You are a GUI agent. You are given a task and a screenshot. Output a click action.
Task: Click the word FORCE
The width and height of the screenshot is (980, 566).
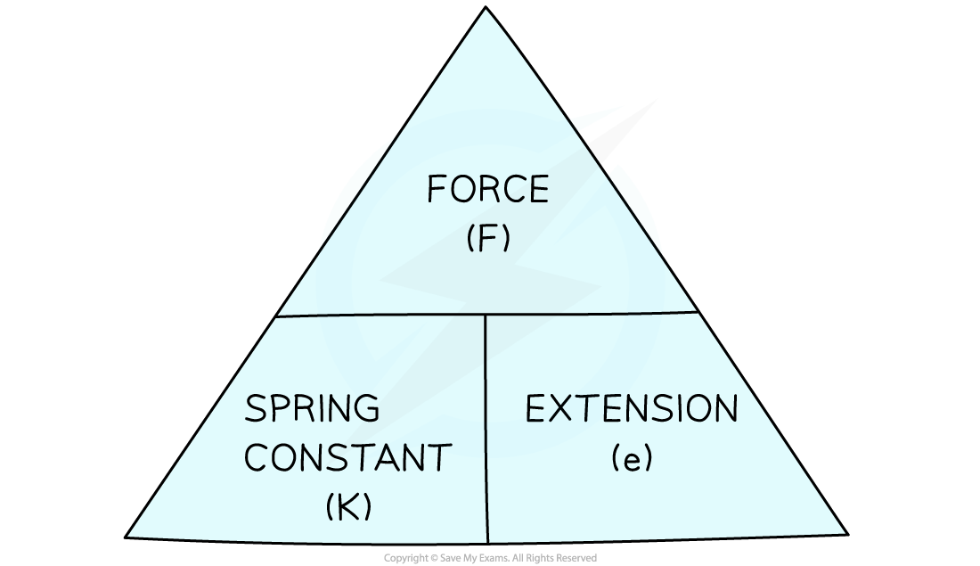coord(487,190)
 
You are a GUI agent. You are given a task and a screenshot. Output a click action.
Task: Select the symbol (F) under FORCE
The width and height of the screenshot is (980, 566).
coord(487,239)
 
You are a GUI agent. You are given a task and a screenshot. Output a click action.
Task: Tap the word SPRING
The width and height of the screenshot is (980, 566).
coord(312,410)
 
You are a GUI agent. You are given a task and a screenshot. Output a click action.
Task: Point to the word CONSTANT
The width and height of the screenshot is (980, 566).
coord(347,458)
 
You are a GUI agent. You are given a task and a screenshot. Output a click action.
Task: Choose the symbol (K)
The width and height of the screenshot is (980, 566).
coord(347,506)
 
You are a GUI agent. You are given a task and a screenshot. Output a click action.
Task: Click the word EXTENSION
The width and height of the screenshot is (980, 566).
coord(632,410)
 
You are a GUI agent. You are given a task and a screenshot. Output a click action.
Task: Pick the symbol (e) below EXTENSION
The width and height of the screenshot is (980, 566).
coord(632,458)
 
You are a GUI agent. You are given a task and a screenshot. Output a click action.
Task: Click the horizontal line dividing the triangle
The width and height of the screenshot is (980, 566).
coord(383,315)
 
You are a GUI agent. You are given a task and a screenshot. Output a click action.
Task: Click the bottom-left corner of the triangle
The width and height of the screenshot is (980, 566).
coord(130,536)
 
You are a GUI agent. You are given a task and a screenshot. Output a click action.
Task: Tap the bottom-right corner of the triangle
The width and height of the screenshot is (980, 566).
coord(844,532)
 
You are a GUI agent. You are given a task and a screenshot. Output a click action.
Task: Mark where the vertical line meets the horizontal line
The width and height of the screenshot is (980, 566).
coord(486,314)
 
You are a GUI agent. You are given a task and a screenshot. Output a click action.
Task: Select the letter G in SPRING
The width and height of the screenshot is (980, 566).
coord(365,410)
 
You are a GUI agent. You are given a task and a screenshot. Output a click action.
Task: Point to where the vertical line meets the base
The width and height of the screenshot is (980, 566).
coord(488,540)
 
